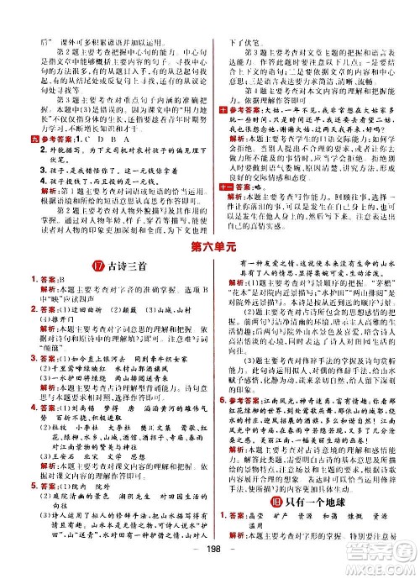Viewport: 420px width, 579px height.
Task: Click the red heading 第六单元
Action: [210, 246]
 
